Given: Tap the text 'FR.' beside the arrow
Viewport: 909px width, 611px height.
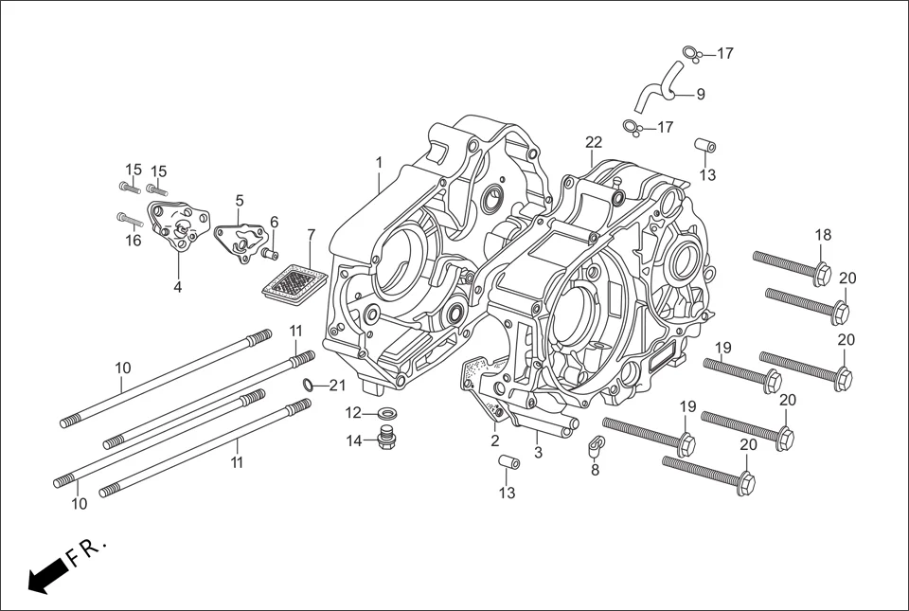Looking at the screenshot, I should pyautogui.click(x=89, y=550).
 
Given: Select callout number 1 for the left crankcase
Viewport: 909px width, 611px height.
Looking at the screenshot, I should pyautogui.click(x=379, y=163).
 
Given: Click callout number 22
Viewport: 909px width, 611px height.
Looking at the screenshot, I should pyautogui.click(x=593, y=142).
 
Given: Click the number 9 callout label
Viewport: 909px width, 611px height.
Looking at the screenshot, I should pyautogui.click(x=700, y=94).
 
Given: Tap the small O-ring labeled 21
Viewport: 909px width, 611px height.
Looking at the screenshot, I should pyautogui.click(x=309, y=385).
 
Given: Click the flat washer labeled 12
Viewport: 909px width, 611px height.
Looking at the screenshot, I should pyautogui.click(x=386, y=413).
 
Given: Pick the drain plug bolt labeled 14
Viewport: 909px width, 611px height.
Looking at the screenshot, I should pyautogui.click(x=386, y=439).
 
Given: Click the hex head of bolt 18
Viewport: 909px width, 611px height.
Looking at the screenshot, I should pyautogui.click(x=821, y=274).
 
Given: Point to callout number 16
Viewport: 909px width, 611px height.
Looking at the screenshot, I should pyautogui.click(x=133, y=241).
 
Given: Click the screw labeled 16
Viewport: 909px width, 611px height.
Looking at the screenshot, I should pyautogui.click(x=129, y=219).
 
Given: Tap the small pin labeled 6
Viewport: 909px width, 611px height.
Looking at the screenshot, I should pyautogui.click(x=268, y=252).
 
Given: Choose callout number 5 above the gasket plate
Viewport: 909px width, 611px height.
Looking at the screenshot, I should pyautogui.click(x=239, y=201).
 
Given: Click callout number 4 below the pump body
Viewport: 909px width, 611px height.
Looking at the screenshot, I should pyautogui.click(x=177, y=286).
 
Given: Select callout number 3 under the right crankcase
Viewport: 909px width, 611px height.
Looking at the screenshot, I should pyautogui.click(x=538, y=453).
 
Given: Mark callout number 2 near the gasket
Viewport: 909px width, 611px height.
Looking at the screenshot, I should pyautogui.click(x=494, y=440).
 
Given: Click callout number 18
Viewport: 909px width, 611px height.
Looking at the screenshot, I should pyautogui.click(x=823, y=235).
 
